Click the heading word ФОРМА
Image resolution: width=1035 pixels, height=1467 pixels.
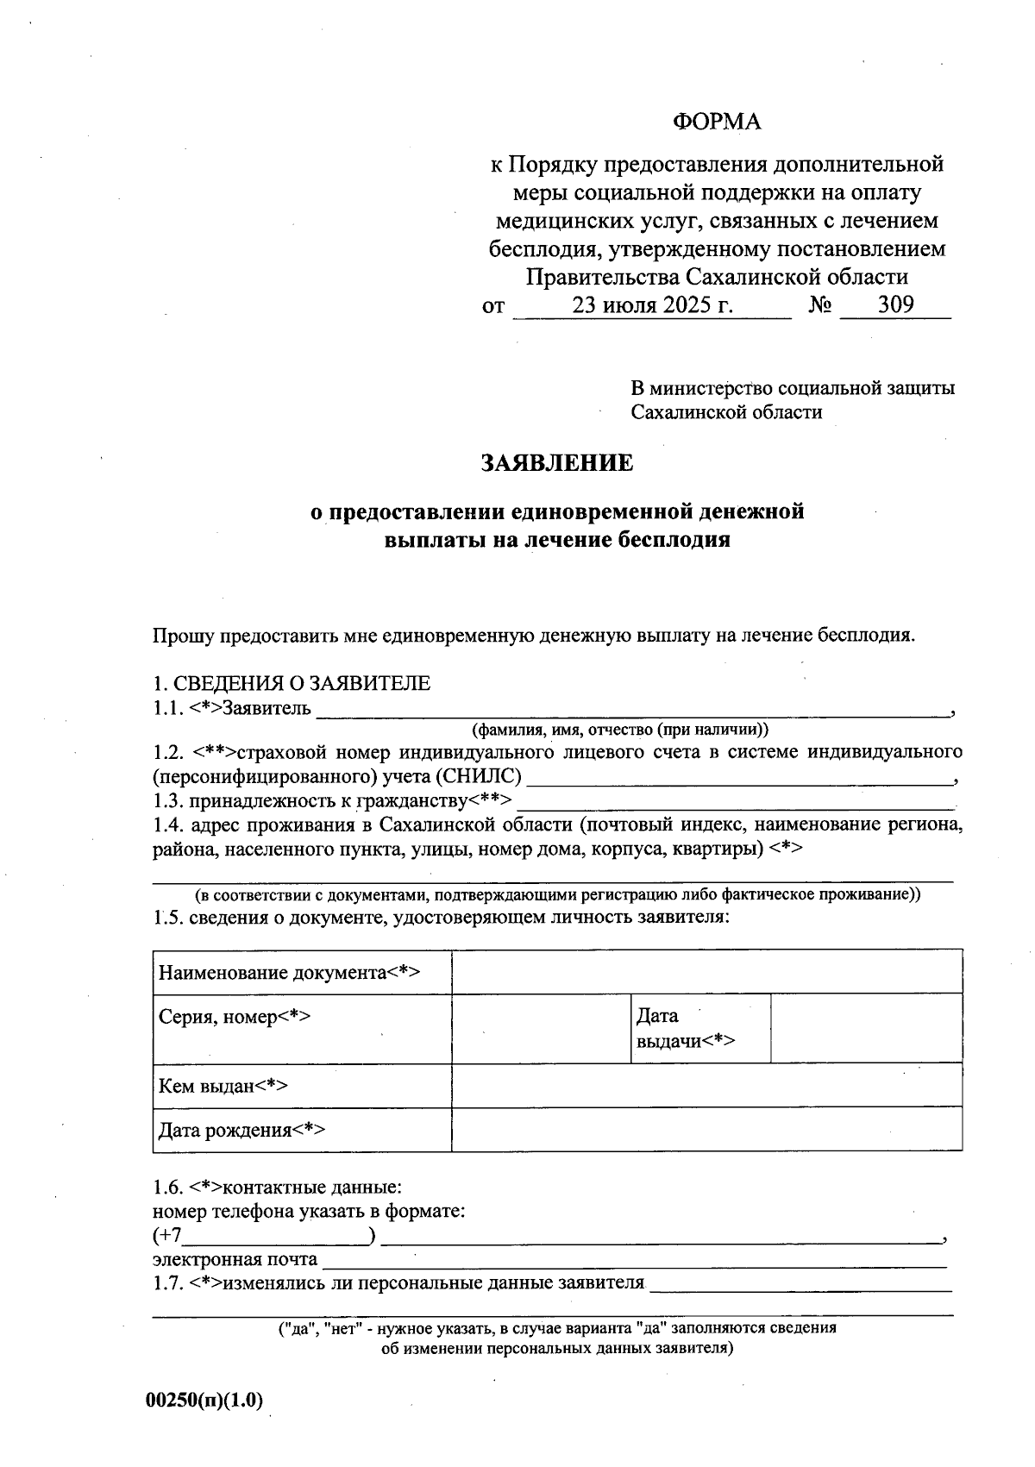click(x=717, y=122)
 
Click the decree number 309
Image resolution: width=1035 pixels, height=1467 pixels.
click(x=895, y=304)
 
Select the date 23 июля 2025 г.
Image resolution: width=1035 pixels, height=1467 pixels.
click(x=652, y=305)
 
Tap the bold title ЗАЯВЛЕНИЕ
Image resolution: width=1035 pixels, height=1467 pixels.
click(x=557, y=463)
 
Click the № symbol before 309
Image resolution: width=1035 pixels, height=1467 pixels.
click(x=820, y=305)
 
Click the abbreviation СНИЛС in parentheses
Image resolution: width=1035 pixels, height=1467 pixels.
click(x=478, y=776)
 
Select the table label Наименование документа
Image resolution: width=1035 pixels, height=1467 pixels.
click(x=289, y=973)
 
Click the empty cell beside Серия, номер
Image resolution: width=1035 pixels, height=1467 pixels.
click(x=541, y=1028)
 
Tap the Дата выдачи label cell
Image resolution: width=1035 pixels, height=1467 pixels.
click(x=685, y=1028)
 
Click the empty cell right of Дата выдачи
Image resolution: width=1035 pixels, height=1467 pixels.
click(x=866, y=1028)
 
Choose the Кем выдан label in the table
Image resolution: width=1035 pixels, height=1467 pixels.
click(x=223, y=1086)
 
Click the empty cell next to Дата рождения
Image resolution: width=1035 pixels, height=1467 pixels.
click(x=706, y=1130)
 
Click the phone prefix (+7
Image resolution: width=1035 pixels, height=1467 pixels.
click(x=168, y=1236)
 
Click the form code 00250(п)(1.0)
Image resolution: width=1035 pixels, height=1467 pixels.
click(x=204, y=1401)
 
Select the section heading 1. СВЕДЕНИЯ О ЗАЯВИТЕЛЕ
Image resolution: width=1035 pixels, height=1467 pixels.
click(x=292, y=684)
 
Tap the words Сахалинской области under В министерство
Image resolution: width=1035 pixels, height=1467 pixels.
click(x=726, y=412)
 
